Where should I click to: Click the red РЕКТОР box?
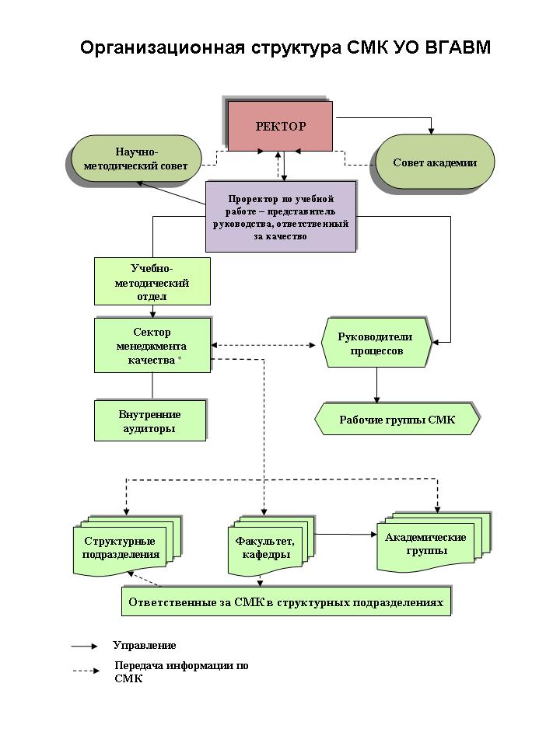pos(280,126)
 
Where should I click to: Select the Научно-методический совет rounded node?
pos(135,159)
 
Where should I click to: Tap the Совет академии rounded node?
pos(435,162)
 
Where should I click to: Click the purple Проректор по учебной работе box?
pos(281,217)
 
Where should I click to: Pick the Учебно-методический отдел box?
pos(152,281)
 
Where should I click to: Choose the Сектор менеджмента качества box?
pos(152,345)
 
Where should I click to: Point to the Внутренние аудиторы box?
pos(150,420)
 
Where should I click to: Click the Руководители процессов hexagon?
pos(376,343)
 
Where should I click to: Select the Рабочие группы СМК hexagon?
pos(397,419)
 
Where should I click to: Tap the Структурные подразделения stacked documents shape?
pos(127,546)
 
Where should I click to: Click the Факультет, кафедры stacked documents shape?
pos(271,546)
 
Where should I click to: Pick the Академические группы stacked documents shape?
pos(433,542)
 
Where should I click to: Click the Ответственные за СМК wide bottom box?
pos(286,601)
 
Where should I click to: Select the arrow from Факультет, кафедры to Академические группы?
pos(346,535)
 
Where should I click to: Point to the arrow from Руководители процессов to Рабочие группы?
pos(376,385)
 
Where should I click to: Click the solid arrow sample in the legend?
pos(84,646)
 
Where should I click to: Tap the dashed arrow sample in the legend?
pos(86,671)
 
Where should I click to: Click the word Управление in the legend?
pos(145,645)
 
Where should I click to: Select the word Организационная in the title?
pos(163,48)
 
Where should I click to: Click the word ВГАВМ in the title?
pos(457,47)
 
